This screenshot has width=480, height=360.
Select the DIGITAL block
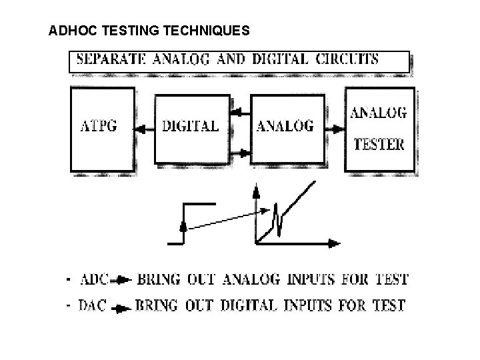(x=191, y=127)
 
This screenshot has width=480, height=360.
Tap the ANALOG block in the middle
(x=285, y=127)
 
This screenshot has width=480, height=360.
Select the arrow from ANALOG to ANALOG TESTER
(x=335, y=127)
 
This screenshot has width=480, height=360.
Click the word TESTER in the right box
(x=379, y=143)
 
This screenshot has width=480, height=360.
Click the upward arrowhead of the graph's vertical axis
(x=255, y=191)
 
